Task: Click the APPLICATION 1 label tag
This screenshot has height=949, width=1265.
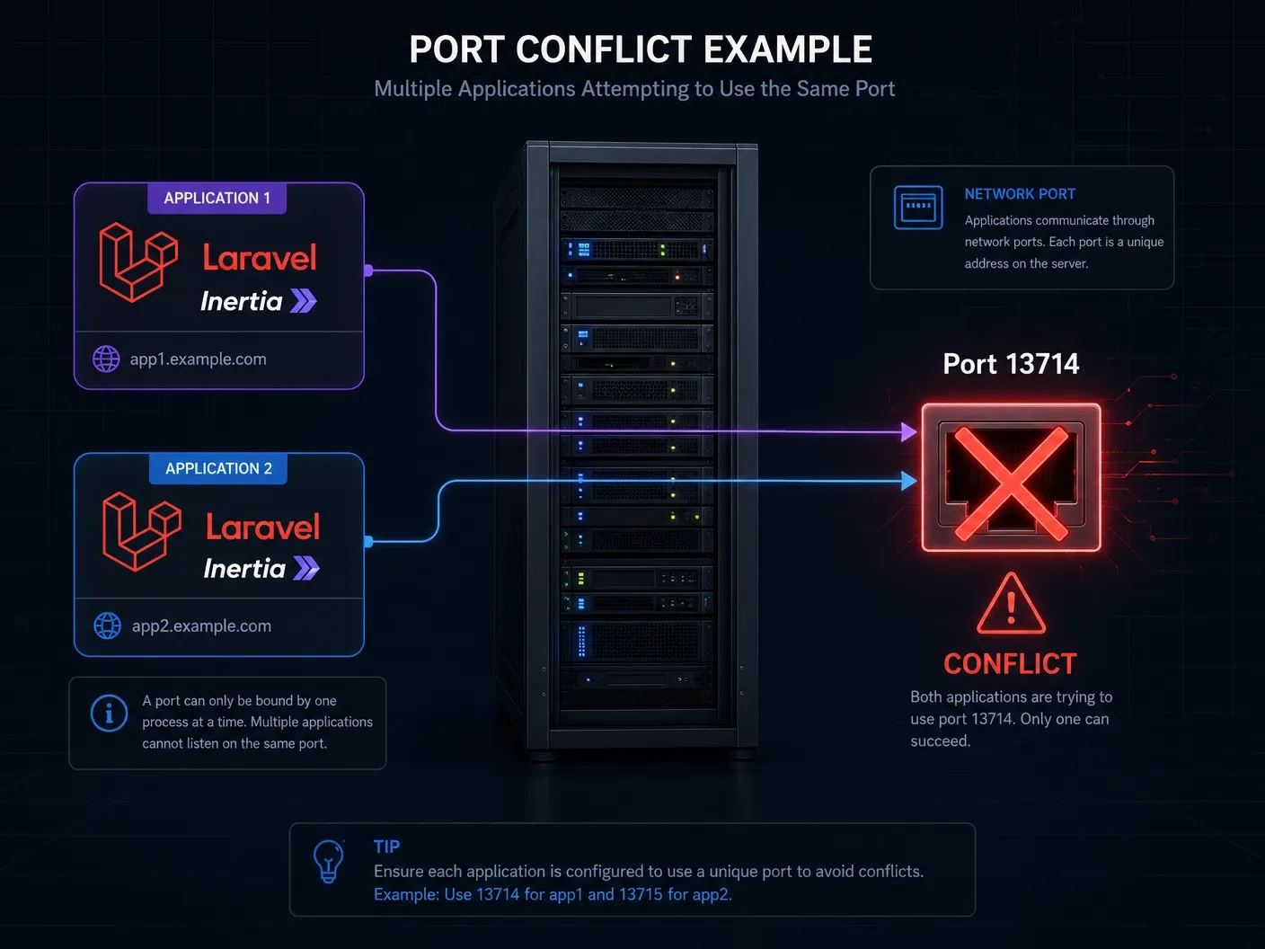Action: [217, 199]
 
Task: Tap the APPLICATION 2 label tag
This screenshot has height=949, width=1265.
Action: [218, 469]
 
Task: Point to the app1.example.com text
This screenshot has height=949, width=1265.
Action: [198, 359]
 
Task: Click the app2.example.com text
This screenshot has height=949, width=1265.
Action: [201, 626]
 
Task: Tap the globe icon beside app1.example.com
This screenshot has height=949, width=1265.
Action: [106, 359]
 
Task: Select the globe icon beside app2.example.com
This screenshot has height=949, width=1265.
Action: [108, 626]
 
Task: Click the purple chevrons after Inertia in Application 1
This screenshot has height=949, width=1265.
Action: [304, 301]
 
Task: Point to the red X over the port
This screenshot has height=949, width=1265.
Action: [1011, 483]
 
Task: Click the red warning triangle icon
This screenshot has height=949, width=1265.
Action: [1011, 605]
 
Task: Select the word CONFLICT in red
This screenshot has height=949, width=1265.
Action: [1010, 664]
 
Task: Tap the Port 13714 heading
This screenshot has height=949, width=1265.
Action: [1011, 364]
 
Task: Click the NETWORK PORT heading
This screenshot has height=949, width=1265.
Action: [1020, 194]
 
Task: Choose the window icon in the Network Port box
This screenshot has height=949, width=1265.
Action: [918, 208]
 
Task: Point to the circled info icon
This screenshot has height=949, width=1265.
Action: [110, 714]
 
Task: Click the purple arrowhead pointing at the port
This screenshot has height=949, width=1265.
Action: [909, 432]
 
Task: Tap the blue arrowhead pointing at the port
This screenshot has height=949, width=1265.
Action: [909, 482]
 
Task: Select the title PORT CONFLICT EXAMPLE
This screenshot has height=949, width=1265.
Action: [641, 49]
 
